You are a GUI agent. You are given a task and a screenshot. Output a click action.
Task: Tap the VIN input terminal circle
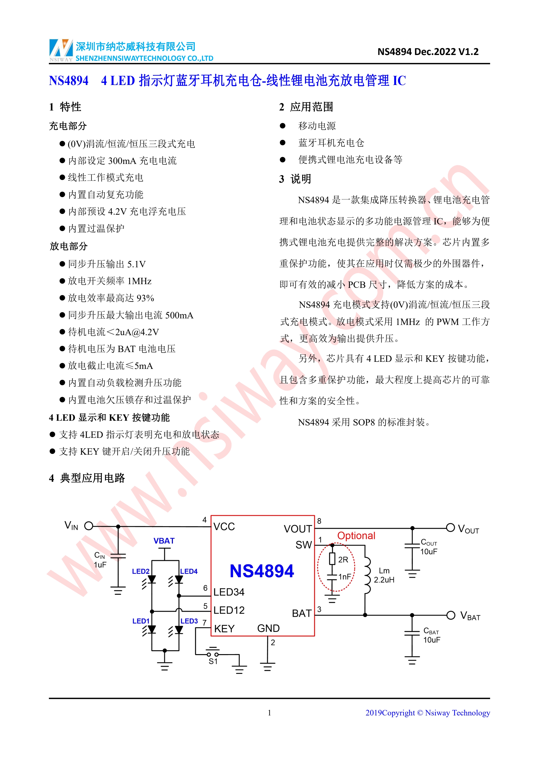89,526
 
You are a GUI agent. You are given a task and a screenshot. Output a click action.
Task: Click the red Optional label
356,536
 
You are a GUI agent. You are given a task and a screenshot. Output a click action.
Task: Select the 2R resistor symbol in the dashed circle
332,559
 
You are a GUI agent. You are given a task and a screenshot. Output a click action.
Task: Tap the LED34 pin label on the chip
229,592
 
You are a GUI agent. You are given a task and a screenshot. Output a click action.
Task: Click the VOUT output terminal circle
450,528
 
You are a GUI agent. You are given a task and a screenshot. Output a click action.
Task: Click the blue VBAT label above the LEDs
164,541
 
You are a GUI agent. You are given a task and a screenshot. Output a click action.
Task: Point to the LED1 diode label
141,621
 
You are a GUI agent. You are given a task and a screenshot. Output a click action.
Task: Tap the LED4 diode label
189,571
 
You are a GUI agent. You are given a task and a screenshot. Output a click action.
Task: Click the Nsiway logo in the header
61,50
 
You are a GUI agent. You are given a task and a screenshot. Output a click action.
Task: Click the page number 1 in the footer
269,713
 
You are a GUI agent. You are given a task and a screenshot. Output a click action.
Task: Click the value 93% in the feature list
145,298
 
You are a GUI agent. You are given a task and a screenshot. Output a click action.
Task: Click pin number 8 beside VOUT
319,521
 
